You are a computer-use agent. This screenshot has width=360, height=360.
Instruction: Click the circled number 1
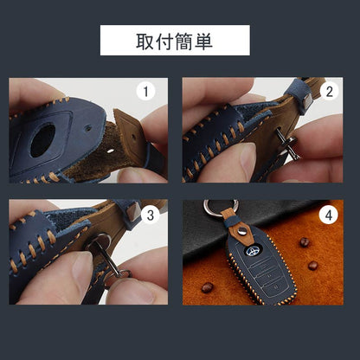tap(145, 92)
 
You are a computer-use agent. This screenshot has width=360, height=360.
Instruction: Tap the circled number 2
tap(330, 92)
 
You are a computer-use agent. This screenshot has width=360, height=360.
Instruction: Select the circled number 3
tap(150, 215)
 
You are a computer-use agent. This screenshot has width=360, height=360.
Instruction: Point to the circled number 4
tap(329, 215)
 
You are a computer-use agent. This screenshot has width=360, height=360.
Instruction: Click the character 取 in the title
tap(145, 42)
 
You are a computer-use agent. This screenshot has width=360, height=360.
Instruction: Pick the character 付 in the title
tap(164, 42)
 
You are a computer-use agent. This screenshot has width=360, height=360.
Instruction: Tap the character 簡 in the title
tap(184, 42)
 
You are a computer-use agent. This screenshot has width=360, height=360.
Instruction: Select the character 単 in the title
tap(203, 42)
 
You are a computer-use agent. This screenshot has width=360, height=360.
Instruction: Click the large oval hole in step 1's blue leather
tap(42, 140)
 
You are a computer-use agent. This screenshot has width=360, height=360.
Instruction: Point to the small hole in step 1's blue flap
tap(88, 127)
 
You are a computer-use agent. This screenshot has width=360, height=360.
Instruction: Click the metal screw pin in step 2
tap(286, 143)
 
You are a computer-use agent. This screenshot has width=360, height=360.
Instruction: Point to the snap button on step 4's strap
tap(242, 229)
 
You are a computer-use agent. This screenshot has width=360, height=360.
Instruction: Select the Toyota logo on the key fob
tap(253, 251)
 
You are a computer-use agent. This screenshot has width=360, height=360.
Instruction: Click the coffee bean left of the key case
tap(208, 287)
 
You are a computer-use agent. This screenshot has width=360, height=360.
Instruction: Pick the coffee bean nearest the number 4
tap(305, 242)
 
